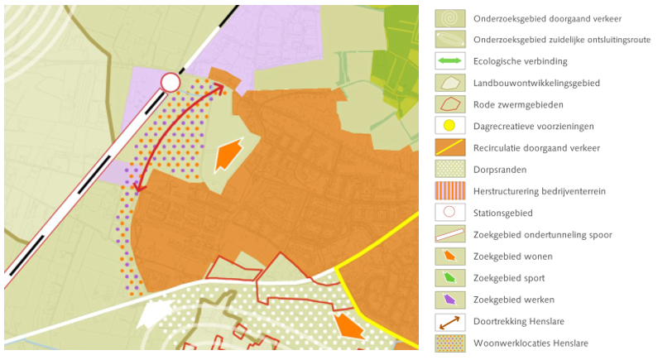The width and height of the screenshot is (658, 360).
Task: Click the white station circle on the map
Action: point(171,82)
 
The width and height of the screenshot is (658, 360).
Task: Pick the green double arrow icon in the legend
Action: point(449,61)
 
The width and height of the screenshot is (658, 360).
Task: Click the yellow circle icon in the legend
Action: point(449,126)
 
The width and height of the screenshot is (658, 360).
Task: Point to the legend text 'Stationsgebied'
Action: point(502,213)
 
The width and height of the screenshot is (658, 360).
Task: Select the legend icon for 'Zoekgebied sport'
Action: point(449,277)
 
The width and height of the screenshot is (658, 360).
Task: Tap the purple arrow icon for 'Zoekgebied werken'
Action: point(449,299)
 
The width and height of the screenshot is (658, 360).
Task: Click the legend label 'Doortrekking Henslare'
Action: point(518,321)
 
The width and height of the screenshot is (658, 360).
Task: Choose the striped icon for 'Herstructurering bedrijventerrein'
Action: point(449,190)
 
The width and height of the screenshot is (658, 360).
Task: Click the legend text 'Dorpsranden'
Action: point(499,170)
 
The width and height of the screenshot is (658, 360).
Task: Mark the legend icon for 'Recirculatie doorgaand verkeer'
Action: point(449,147)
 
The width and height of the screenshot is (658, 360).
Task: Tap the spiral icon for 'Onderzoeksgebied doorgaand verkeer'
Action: point(449,17)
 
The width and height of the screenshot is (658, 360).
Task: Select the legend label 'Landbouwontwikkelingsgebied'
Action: point(536,83)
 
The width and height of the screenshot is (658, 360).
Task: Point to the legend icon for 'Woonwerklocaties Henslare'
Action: point(449,343)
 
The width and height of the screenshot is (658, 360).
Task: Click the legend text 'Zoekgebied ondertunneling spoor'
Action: point(542,234)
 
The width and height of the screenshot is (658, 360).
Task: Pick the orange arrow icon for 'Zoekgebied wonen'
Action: point(449,256)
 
